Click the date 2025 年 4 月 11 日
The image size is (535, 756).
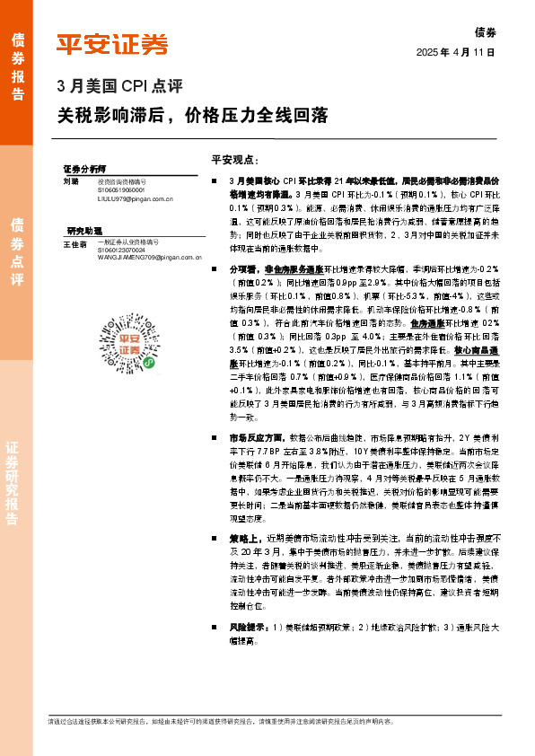[x=456, y=53]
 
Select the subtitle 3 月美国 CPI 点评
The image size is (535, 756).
[x=119, y=87]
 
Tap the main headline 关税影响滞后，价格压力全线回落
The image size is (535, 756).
[x=192, y=116]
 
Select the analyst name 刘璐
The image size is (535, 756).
[x=71, y=180]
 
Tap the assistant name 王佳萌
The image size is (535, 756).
[x=75, y=243]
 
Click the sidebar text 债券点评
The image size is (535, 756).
[x=16, y=251]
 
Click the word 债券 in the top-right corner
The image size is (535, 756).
[x=484, y=31]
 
